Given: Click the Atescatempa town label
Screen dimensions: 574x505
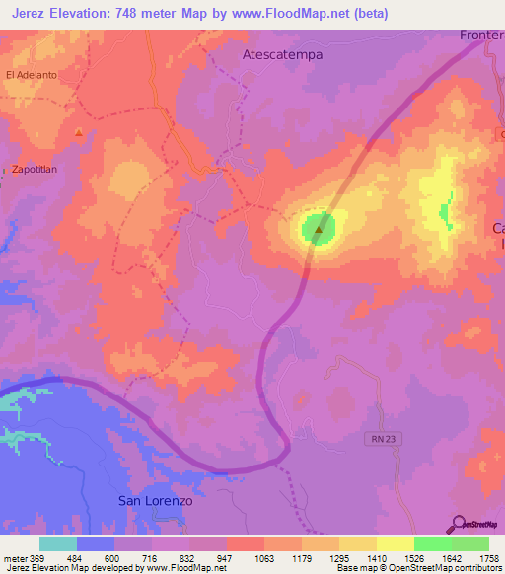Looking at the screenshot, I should click(282, 55).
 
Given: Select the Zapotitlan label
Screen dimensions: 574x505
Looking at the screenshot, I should click(38, 169).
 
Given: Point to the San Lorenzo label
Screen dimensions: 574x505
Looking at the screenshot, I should click(155, 500).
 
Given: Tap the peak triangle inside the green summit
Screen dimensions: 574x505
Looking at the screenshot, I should click(318, 231).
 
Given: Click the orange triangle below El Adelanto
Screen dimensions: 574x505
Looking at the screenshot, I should click(78, 132).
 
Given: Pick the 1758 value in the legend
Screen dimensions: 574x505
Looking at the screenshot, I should click(488, 556).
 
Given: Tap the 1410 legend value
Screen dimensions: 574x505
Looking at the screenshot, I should click(377, 556).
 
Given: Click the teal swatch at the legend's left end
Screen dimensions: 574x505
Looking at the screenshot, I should click(58, 543).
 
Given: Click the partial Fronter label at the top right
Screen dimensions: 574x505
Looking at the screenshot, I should click(482, 36).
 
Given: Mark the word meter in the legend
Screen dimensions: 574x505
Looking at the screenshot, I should click(17, 556).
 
